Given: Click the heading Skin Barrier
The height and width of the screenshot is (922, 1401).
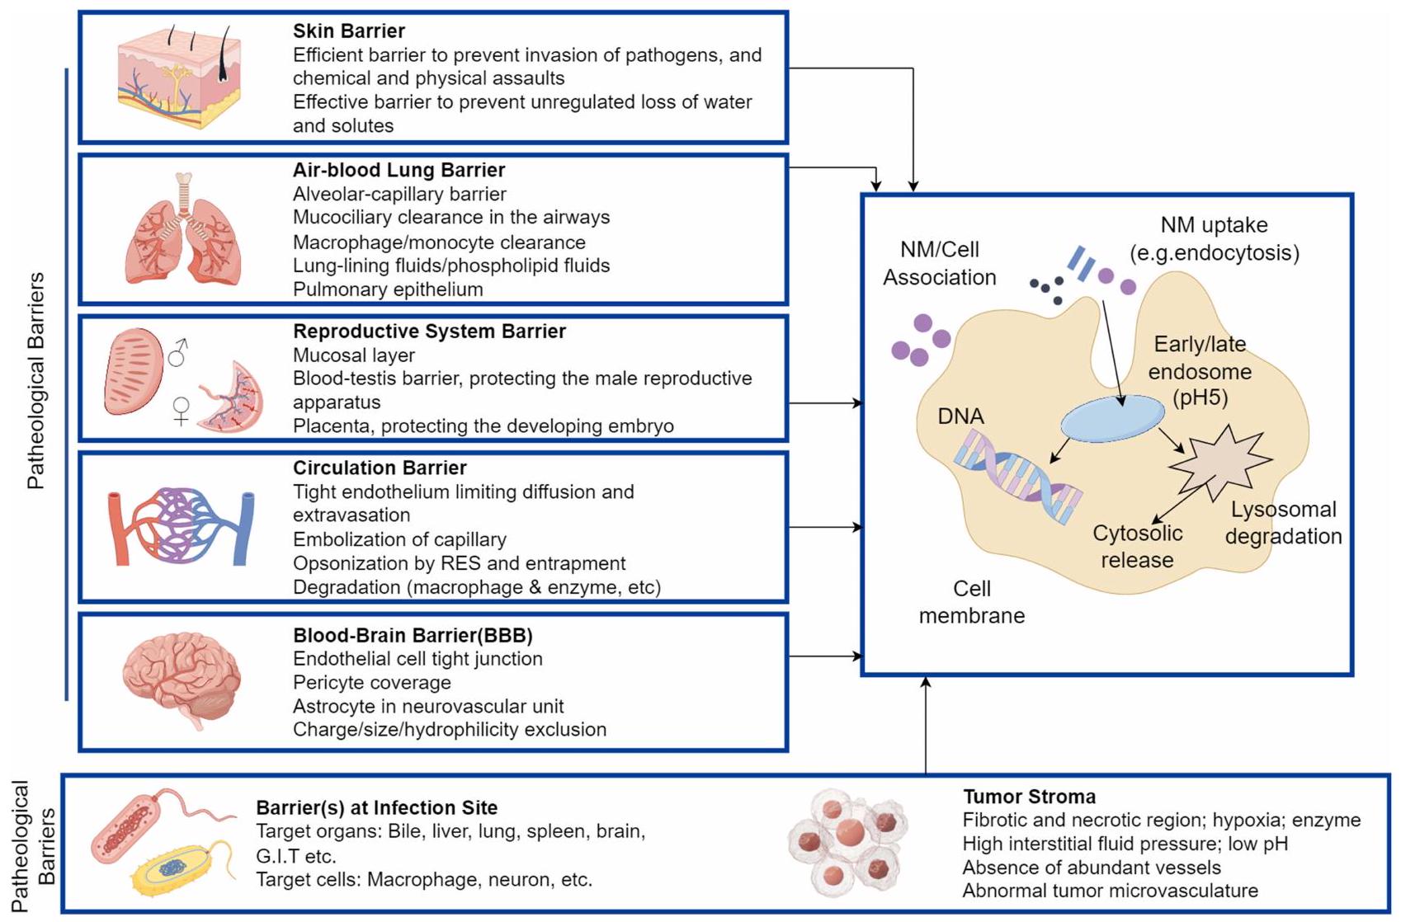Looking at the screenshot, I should click(348, 31).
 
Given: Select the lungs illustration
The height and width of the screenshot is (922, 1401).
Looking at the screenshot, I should click(183, 231).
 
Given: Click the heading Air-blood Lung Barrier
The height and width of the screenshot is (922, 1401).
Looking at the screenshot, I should click(399, 171).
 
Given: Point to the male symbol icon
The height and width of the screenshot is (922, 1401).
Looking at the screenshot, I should click(177, 353).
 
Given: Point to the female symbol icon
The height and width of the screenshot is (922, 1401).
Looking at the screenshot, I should click(182, 410).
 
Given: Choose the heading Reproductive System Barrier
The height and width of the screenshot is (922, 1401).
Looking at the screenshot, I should click(429, 332).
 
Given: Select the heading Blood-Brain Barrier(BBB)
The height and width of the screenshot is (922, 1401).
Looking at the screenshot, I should click(413, 636).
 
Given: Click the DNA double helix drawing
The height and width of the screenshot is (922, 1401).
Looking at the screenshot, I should click(1017, 478).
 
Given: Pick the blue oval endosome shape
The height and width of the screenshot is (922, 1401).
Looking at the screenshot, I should click(1112, 419).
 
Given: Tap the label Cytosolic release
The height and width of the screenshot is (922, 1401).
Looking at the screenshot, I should click(1137, 547).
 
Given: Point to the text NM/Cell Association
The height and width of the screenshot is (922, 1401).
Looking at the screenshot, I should click(939, 264).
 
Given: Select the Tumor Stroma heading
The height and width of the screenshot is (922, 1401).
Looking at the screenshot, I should click(1029, 797).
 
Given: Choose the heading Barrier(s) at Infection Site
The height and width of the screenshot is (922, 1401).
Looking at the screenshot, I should click(376, 808).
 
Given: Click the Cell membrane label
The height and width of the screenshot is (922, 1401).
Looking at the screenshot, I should click(971, 602).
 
